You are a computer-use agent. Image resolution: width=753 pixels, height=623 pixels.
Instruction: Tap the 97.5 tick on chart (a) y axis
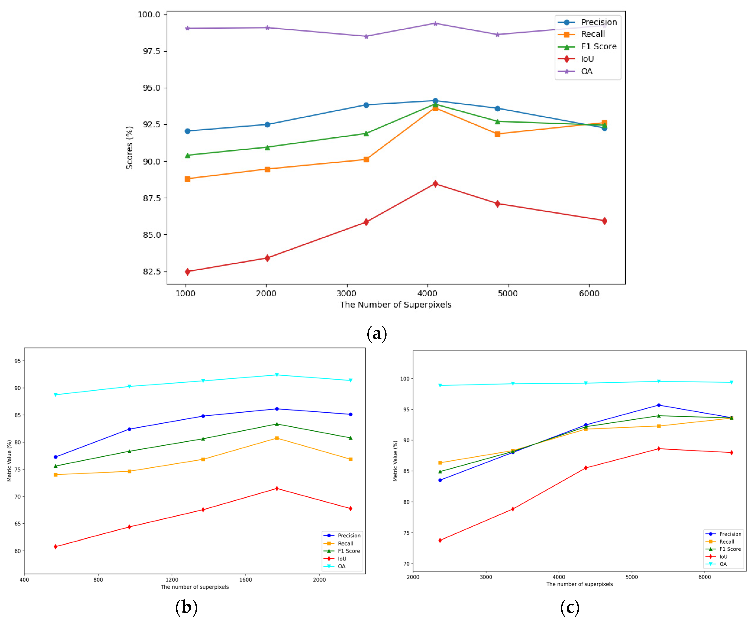152,51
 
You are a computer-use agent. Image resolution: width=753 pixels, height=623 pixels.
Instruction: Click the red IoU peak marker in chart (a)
435,184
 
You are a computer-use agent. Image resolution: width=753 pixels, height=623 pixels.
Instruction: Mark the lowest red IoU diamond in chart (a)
188,272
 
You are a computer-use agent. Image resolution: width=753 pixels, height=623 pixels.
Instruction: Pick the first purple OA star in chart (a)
188,28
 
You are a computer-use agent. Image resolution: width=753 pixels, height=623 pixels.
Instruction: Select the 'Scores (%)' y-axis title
129,147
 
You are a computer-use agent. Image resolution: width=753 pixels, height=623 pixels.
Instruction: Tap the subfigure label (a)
376,334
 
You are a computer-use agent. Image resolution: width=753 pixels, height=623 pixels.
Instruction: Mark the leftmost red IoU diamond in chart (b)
56,547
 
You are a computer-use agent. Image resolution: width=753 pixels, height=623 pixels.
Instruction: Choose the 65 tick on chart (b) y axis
18,524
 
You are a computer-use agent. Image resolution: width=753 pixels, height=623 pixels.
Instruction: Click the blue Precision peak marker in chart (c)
659,405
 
